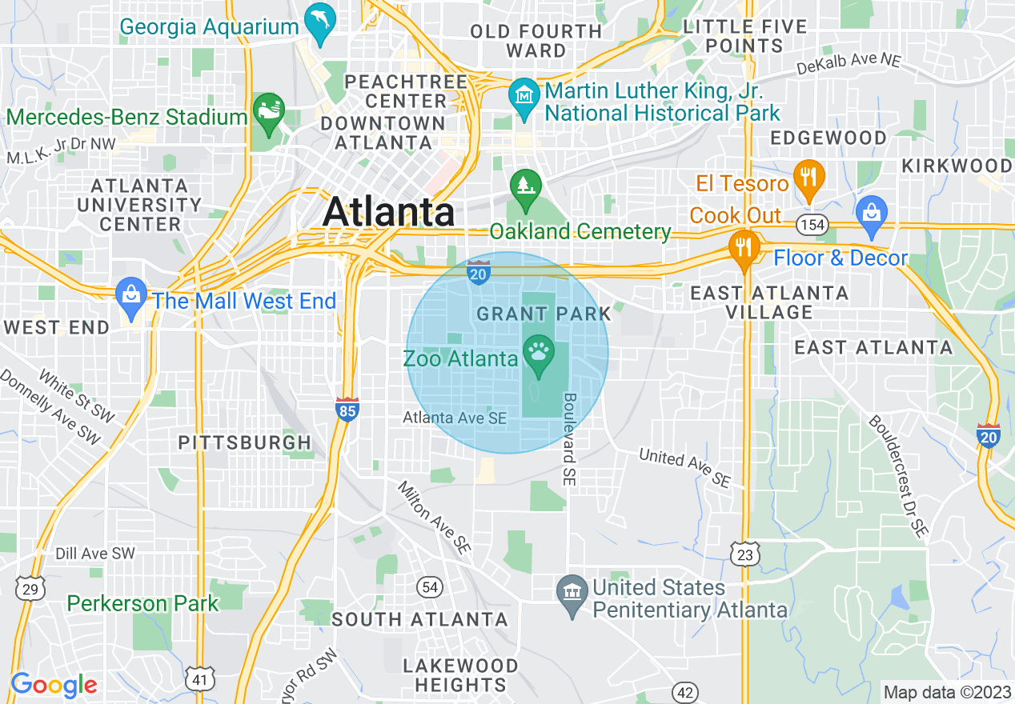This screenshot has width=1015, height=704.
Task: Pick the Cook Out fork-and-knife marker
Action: tap(744, 248)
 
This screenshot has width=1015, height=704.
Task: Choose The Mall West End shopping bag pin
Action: tap(130, 297)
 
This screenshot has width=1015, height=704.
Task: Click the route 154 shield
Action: tap(812, 225)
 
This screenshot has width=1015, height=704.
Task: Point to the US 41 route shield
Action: tap(199, 679)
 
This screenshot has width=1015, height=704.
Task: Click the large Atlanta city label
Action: tap(389, 213)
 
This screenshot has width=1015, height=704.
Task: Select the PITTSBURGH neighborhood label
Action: tap(244, 442)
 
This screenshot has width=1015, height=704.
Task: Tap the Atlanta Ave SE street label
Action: tap(455, 418)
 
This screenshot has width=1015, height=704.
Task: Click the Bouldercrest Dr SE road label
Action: tap(898, 475)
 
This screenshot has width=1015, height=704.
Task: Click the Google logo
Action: tap(54, 685)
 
